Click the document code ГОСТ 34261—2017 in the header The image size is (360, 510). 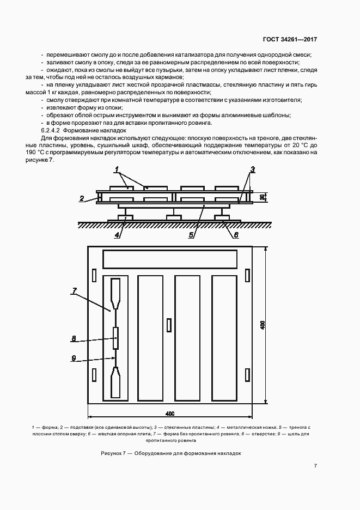pyautogui.click(x=290, y=39)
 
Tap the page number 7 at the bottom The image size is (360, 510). pyautogui.click(x=316, y=466)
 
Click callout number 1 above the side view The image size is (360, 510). pyautogui.click(x=117, y=172)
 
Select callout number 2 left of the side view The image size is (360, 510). pyautogui.click(x=81, y=199)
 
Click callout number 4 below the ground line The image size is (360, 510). pyautogui.click(x=117, y=235)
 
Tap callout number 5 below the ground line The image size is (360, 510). pyautogui.click(x=191, y=235)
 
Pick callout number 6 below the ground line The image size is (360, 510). pyautogui.click(x=236, y=235)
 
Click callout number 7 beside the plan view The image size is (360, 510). pyautogui.click(x=74, y=291)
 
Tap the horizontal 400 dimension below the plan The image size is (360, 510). pyautogui.click(x=170, y=413)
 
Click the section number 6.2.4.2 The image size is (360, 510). pyautogui.click(x=51, y=131)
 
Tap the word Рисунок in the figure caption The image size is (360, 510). pyautogui.click(x=113, y=453)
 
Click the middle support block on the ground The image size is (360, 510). pyautogui.click(x=173, y=217)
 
